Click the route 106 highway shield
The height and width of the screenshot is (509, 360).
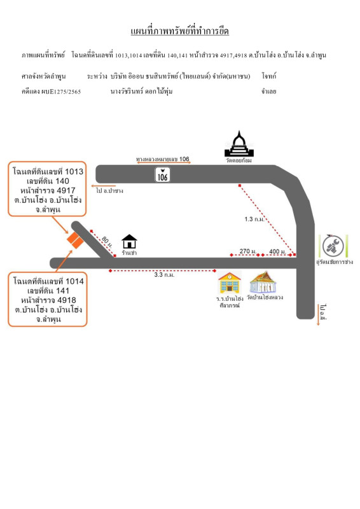point(163,174)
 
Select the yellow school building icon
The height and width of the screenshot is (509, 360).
point(230,282)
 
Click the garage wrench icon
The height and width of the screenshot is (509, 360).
point(335,244)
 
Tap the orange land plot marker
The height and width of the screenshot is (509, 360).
point(76,240)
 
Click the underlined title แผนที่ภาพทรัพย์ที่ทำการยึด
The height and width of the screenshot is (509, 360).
point(179,31)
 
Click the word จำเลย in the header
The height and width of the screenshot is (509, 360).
point(270,92)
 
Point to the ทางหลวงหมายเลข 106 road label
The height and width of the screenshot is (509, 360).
point(163,159)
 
